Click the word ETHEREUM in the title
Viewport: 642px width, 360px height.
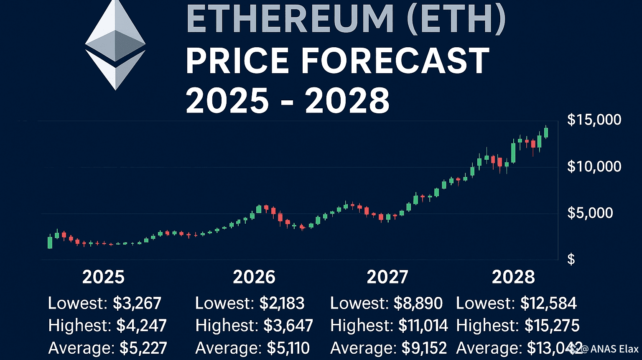click(290, 19)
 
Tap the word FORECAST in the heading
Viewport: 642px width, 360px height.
click(395, 61)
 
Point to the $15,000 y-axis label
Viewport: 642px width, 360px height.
click(594, 120)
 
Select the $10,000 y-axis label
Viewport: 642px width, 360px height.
click(594, 167)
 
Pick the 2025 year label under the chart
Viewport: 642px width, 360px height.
click(103, 277)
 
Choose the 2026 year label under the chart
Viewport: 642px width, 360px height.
click(254, 277)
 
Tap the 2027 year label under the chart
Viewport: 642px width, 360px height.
click(387, 277)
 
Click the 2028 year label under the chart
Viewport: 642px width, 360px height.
click(513, 277)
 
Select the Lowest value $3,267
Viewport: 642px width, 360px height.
click(137, 303)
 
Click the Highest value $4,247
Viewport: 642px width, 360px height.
click(141, 325)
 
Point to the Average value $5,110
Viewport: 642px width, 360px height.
click(285, 348)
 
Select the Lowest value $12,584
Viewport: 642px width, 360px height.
click(548, 303)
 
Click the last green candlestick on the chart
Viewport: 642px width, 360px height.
click(546, 133)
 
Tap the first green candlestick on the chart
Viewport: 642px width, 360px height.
click(50, 243)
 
